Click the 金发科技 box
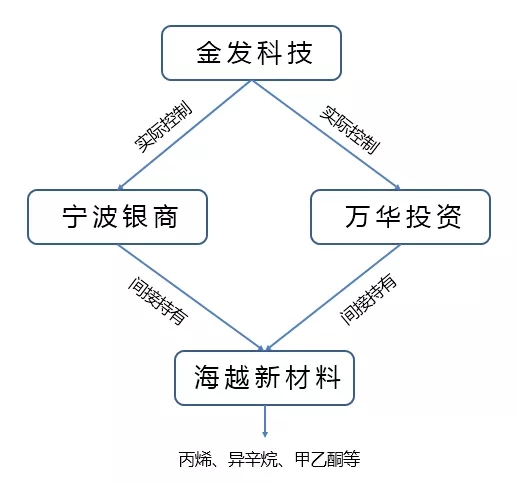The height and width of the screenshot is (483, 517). pyautogui.click(x=251, y=53)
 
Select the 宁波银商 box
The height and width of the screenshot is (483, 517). pyautogui.click(x=117, y=217)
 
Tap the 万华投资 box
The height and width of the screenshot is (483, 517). pyautogui.click(x=400, y=217)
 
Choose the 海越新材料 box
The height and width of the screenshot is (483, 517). pyautogui.click(x=264, y=378)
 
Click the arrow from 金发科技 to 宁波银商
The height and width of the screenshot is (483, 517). pyautogui.click(x=185, y=135)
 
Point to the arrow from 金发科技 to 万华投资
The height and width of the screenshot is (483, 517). pyautogui.click(x=326, y=135)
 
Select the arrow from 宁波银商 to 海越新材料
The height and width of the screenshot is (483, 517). pyautogui.click(x=191, y=298)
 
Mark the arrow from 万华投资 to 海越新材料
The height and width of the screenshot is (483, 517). pyautogui.click(x=333, y=298)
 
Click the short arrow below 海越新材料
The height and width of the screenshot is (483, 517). pyautogui.click(x=265, y=421)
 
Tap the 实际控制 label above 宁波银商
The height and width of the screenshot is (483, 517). pyautogui.click(x=163, y=126)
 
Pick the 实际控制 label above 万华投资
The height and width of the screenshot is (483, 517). pyautogui.click(x=350, y=130)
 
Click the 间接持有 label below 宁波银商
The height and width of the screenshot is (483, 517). pyautogui.click(x=158, y=300)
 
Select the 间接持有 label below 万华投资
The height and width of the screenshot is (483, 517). pyautogui.click(x=368, y=299)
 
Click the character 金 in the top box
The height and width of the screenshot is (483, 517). pyautogui.click(x=209, y=53)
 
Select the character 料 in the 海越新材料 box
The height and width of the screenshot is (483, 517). pyautogui.click(x=328, y=377)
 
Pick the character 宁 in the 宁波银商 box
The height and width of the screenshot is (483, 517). pyautogui.click(x=75, y=217)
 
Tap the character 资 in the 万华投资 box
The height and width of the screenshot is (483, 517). pyautogui.click(x=449, y=217)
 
